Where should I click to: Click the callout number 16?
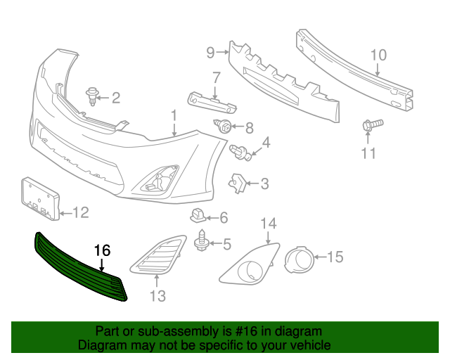tap(103, 250)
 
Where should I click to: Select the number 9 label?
tap(210, 51)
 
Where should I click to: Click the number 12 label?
tap(82, 212)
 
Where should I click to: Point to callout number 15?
tap(335, 257)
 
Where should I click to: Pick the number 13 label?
tap(157, 296)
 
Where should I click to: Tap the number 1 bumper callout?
tap(173, 114)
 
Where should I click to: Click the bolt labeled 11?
tap(371, 127)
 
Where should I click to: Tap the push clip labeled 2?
tap(92, 97)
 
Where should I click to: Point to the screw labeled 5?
tap(201, 243)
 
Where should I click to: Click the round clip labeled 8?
tap(226, 127)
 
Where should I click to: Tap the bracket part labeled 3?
tap(237, 184)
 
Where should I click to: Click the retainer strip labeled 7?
tap(210, 101)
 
